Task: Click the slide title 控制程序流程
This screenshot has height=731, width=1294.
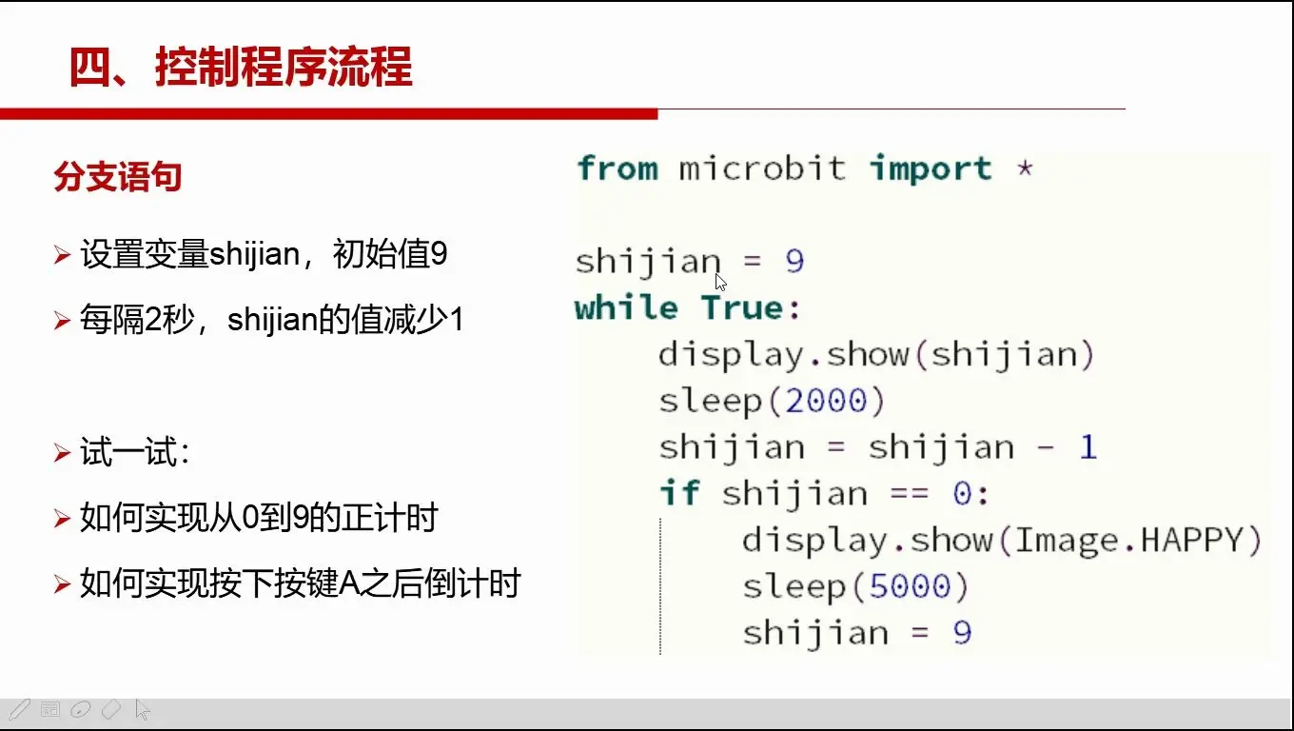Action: click(284, 67)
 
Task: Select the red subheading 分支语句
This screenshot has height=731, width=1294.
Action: click(118, 176)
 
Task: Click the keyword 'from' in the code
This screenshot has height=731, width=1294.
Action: click(617, 168)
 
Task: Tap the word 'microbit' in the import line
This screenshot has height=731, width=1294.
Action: click(762, 168)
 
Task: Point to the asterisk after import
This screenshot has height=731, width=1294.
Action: click(1025, 168)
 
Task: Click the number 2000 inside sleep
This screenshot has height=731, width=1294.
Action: click(826, 401)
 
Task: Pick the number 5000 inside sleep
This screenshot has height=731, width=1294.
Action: click(910, 586)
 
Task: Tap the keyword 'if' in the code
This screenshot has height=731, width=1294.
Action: click(680, 493)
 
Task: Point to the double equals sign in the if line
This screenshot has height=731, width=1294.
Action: click(910, 494)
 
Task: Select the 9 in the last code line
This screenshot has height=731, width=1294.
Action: click(963, 632)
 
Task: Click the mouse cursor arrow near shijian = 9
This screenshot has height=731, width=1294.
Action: click(720, 283)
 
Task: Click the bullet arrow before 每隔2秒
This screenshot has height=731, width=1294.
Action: click(62, 320)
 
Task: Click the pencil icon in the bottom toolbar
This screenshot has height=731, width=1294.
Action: click(19, 710)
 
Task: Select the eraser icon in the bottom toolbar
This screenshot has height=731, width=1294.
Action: click(111, 710)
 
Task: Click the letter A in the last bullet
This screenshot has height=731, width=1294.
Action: click(350, 583)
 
